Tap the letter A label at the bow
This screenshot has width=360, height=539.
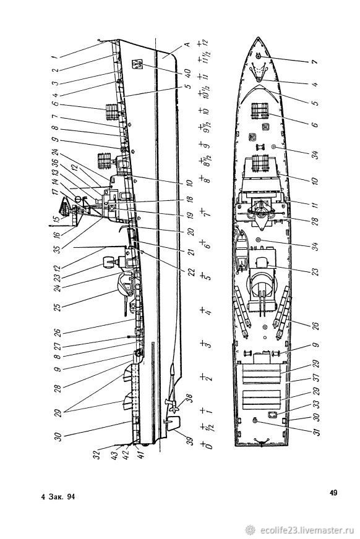(187, 45)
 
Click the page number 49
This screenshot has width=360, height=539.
(333, 493)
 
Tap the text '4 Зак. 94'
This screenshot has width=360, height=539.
(58, 497)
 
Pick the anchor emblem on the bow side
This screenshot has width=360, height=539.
(137, 64)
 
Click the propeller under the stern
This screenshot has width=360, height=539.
(174, 405)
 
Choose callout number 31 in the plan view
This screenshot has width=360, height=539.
(317, 431)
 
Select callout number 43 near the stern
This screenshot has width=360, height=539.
(115, 455)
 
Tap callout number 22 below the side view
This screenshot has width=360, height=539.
(192, 272)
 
